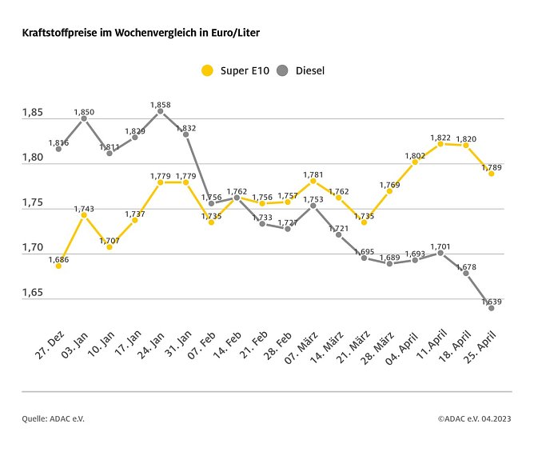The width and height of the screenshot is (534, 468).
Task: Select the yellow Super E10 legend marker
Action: pyautogui.click(x=207, y=70)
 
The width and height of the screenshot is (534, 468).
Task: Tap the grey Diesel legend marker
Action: pyautogui.click(x=282, y=70)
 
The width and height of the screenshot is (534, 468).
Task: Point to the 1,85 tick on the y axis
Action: pyautogui.click(x=32, y=113)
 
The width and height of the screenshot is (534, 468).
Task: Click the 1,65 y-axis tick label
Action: pyautogui.click(x=32, y=293)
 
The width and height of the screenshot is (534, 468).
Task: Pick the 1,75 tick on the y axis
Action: pyautogui.click(x=32, y=203)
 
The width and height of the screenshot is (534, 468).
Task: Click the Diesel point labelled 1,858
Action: pyautogui.click(x=160, y=111)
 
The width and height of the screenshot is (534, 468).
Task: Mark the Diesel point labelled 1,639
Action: pyautogui.click(x=492, y=307)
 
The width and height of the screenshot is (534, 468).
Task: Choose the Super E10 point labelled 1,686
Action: pyautogui.click(x=58, y=266)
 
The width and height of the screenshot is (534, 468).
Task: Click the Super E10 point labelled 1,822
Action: pyautogui.click(x=440, y=143)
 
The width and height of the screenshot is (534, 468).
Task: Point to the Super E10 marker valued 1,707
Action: pyautogui.click(x=110, y=246)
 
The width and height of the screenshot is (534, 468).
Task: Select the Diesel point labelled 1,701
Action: pyautogui.click(x=440, y=252)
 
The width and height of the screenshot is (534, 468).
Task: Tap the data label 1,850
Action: pyautogui.click(x=84, y=111)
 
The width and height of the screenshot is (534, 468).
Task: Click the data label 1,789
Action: pyautogui.click(x=492, y=166)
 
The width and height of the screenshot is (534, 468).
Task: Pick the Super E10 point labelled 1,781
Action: pyautogui.click(x=313, y=181)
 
